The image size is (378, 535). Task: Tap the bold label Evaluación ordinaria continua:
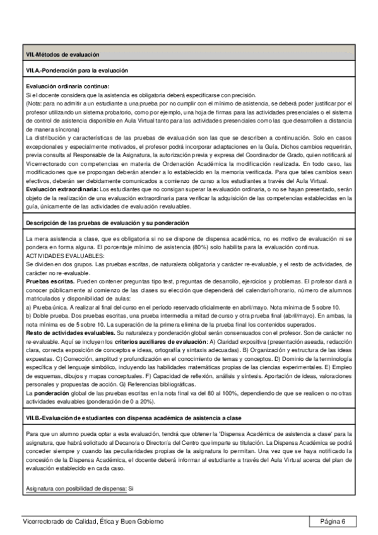tap(68, 86)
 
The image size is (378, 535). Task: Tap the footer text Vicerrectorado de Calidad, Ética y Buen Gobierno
tap(92, 521)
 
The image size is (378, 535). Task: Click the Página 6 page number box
tap(333, 521)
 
